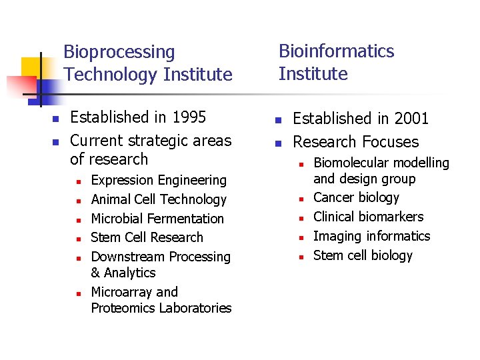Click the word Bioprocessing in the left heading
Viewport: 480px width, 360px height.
pyautogui.click(x=119, y=52)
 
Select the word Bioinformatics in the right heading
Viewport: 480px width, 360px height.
pyautogui.click(x=336, y=51)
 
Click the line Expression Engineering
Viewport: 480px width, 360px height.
pyautogui.click(x=159, y=180)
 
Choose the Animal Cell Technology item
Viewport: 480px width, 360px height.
pyautogui.click(x=159, y=199)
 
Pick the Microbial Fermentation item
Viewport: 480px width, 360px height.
pyautogui.click(x=157, y=219)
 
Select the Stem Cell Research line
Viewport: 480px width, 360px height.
pyautogui.click(x=147, y=237)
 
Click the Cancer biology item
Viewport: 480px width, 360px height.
pyautogui.click(x=356, y=197)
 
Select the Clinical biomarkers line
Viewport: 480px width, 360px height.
pyautogui.click(x=368, y=217)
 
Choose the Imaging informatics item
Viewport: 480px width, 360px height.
pyautogui.click(x=371, y=236)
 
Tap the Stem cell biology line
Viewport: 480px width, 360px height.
pyautogui.click(x=363, y=255)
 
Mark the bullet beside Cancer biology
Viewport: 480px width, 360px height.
pyautogui.click(x=301, y=199)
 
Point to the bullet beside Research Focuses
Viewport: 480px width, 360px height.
pyautogui.click(x=279, y=143)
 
